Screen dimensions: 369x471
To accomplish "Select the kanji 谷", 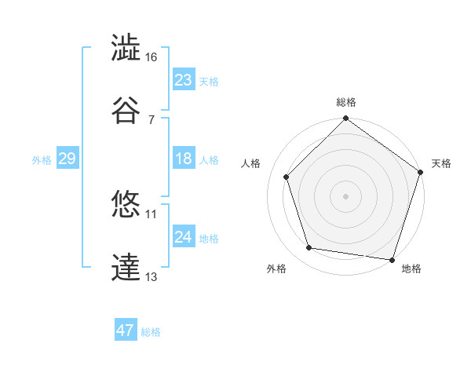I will click(x=126, y=111).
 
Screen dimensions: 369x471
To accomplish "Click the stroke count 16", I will click(x=152, y=57).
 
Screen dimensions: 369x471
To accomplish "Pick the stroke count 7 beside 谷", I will click(x=152, y=119).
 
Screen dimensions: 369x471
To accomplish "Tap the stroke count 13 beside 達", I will click(x=152, y=276).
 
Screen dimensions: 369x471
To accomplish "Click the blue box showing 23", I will click(x=184, y=80).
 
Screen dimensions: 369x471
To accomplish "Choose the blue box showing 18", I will click(x=184, y=159).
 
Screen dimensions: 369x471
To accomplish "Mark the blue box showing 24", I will click(x=184, y=237).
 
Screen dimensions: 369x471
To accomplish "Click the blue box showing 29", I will click(x=67, y=159).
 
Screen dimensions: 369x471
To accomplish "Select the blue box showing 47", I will click(x=126, y=331).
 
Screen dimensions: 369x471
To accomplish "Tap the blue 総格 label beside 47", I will click(x=151, y=332).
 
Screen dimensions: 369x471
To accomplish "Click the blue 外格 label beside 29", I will click(x=42, y=159).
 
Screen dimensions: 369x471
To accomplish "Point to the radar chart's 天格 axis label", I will click(x=441, y=163).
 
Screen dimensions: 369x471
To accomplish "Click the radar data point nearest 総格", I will click(x=345, y=120).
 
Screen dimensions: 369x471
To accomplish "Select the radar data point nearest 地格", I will click(x=392, y=259).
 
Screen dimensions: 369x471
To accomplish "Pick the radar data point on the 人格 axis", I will click(x=287, y=177).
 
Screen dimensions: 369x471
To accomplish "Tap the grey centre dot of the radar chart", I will click(x=345, y=195).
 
